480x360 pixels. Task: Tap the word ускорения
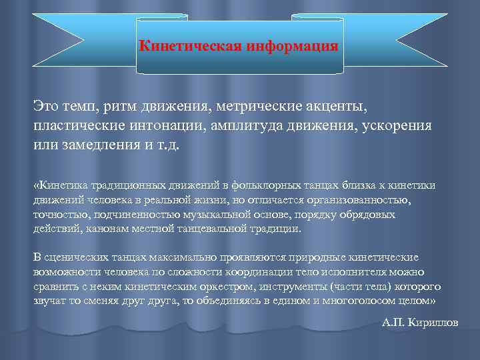(396, 125)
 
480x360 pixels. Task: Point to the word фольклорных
(258, 185)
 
